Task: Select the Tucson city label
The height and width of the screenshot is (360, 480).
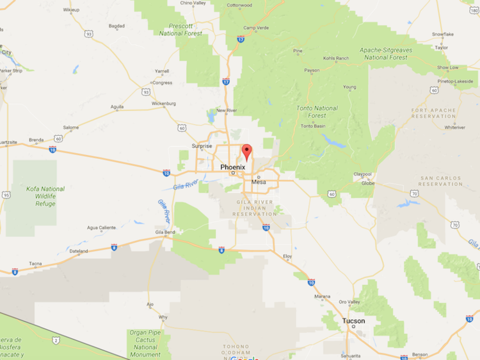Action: [353, 320]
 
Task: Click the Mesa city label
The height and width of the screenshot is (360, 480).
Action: [259, 182]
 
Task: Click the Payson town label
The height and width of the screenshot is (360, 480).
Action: [312, 70]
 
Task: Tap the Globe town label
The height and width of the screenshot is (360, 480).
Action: [367, 183]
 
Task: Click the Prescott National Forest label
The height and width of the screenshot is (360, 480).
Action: [180, 29]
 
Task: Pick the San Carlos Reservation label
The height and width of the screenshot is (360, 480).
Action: [440, 181]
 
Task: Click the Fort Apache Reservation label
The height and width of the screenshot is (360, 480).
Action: [434, 113]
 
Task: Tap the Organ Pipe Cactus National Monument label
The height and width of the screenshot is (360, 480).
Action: [145, 343]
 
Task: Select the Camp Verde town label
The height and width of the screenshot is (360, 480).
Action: [256, 28]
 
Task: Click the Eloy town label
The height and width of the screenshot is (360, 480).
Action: [287, 257]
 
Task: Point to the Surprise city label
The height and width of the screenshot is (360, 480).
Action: [202, 146]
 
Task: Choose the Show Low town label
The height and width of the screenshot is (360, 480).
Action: [447, 67]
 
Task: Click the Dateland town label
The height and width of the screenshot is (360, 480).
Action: [79, 251]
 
